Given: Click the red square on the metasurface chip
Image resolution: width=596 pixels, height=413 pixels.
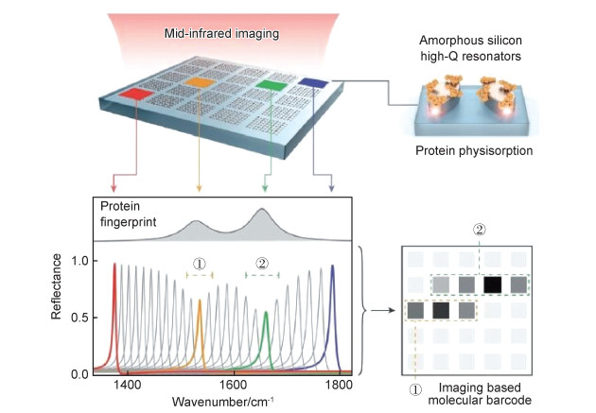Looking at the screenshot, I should point(136,95).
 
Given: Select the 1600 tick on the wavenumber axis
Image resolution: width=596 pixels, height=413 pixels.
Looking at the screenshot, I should point(233,385).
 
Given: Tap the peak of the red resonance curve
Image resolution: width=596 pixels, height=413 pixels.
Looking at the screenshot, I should point(114,264).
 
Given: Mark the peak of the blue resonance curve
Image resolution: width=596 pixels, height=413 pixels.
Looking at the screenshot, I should point(332,266).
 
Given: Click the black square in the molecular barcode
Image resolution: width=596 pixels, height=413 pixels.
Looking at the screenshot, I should point(492,284).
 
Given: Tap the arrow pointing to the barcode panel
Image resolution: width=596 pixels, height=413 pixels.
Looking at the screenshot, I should point(379,309).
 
